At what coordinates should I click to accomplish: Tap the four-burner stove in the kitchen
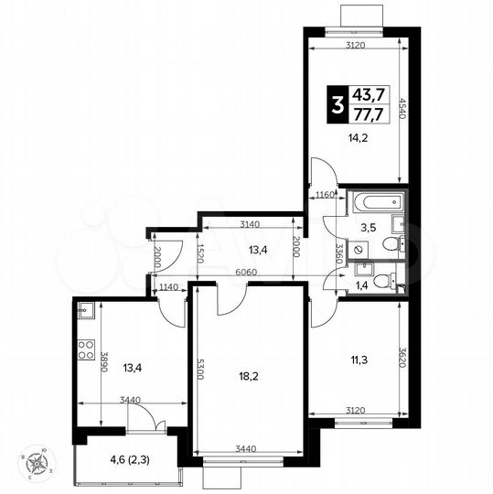click(85, 349)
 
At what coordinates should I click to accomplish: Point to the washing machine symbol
click(359, 247)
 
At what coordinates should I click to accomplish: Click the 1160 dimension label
click(324, 194)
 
